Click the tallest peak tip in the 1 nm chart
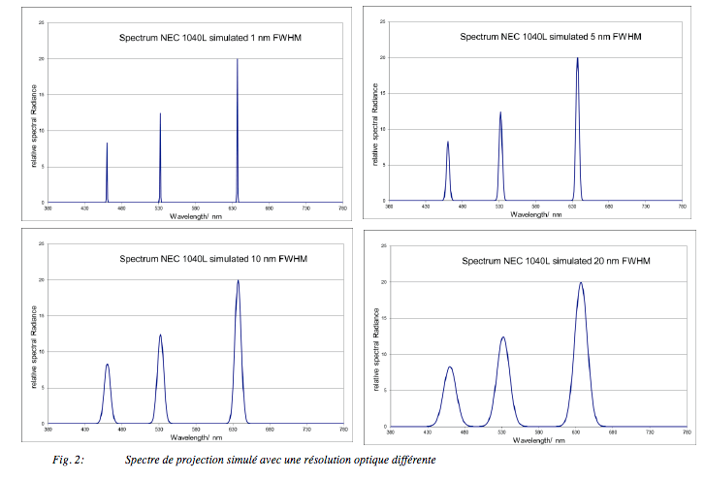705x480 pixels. pos(237,60)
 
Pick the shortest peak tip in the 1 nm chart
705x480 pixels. pos(107,144)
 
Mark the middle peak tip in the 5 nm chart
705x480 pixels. pos(500,112)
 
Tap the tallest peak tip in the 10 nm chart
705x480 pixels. pos(238,281)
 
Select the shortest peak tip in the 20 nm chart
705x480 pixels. pos(450,368)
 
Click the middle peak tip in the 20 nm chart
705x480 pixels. pos(503,337)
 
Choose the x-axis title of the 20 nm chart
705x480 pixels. pos(536,439)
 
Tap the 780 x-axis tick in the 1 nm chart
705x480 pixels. pos(341,208)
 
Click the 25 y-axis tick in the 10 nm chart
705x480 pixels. pos(40,243)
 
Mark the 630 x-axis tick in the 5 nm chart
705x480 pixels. pos(573,207)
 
